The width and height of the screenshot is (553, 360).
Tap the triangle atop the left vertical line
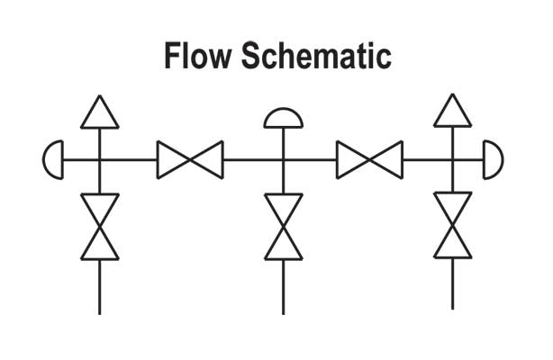point(99,112)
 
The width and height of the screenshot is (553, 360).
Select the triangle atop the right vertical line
point(453,112)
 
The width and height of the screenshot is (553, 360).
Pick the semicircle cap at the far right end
point(493,160)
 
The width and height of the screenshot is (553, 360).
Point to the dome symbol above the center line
point(283,119)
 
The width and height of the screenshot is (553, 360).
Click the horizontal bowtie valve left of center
point(190,160)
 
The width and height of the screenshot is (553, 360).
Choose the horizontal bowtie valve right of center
point(369,160)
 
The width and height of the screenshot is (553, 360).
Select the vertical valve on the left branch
point(99,226)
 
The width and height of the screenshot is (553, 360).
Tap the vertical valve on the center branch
point(283,226)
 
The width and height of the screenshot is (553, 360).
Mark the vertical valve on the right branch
point(453,226)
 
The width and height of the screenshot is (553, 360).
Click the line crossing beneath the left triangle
point(99,160)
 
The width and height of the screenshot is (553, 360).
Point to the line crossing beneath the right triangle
point(453,160)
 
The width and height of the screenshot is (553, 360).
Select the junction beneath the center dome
point(283,160)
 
